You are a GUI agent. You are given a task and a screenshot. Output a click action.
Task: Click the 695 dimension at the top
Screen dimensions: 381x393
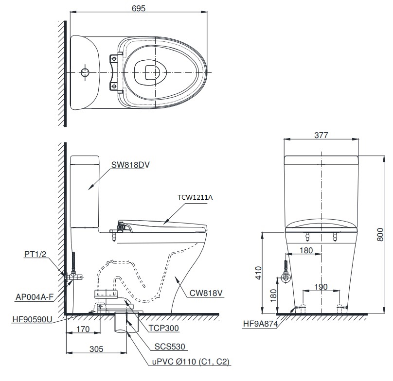pyautogui.click(x=139, y=8)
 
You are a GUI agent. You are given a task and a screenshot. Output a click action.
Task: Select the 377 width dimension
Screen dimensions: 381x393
pyautogui.click(x=321, y=135)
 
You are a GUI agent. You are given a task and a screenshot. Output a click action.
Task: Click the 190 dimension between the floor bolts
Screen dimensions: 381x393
pyautogui.click(x=321, y=287)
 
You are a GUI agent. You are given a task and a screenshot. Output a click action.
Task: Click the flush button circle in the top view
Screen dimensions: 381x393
pyautogui.click(x=85, y=72)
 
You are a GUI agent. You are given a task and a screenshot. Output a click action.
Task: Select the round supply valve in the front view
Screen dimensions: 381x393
pyautogui.click(x=286, y=278)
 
